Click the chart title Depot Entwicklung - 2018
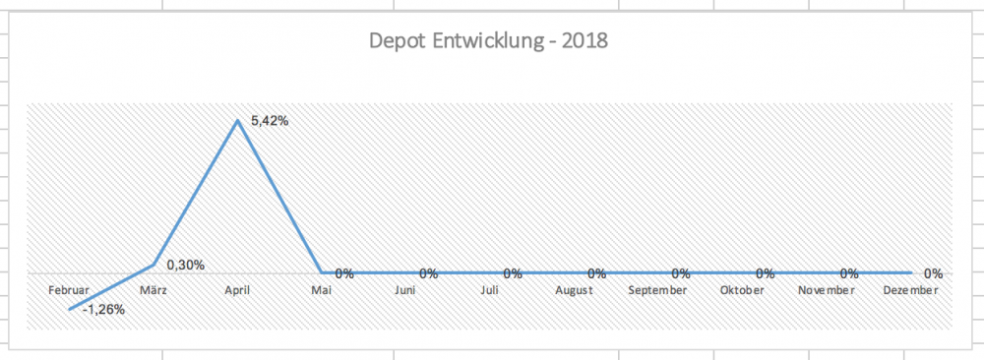click(x=488, y=41)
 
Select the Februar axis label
click(x=69, y=291)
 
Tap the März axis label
click(x=153, y=291)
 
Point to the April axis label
click(x=236, y=291)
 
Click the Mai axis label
click(x=321, y=291)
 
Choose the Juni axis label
click(x=404, y=291)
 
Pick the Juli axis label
click(x=489, y=291)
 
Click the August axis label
click(x=573, y=291)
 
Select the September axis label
click(x=657, y=291)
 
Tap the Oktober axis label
click(x=741, y=291)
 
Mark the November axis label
click(x=826, y=291)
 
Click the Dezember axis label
click(x=910, y=291)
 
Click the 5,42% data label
click(x=270, y=121)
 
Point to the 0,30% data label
click(x=185, y=265)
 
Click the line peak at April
click(x=237, y=121)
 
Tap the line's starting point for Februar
click(x=69, y=309)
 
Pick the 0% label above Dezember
click(x=934, y=273)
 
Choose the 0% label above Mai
click(x=344, y=273)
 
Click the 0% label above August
click(x=596, y=273)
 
